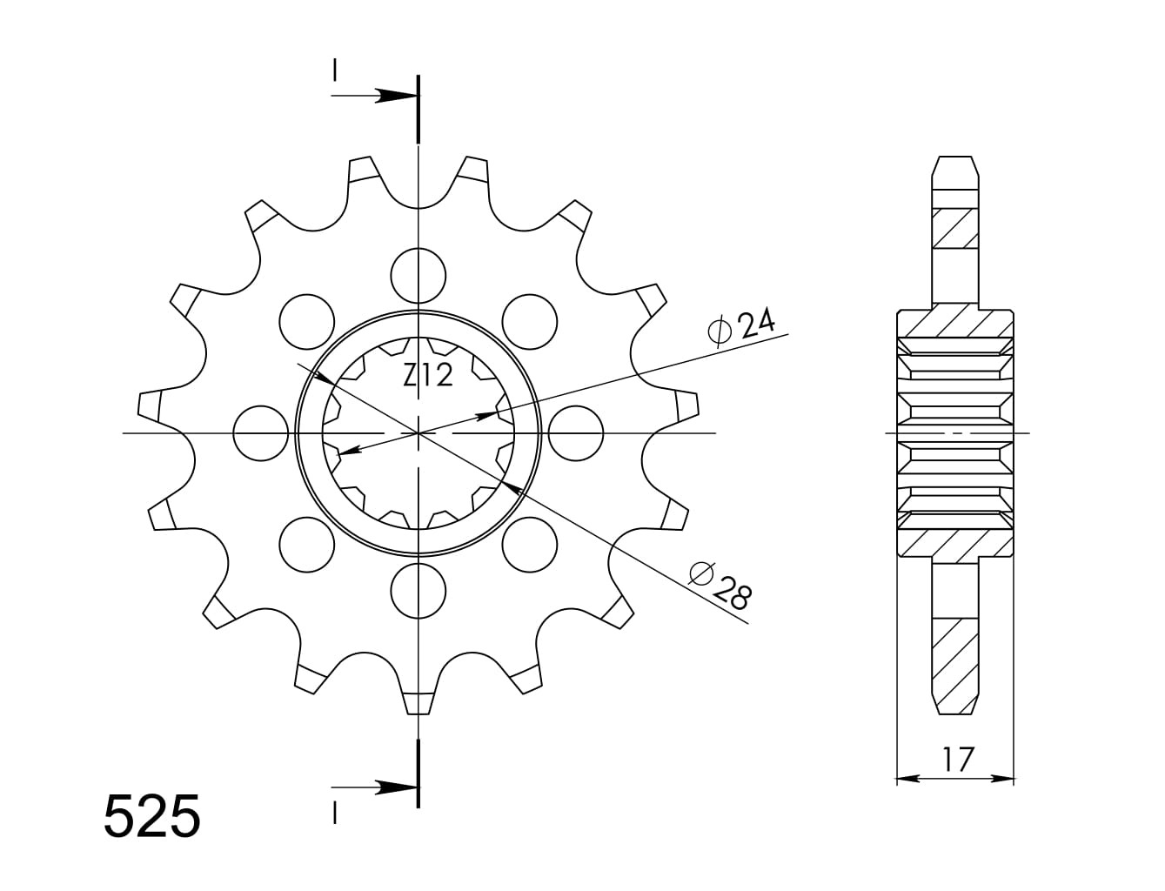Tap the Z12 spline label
click(x=428, y=375)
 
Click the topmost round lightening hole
click(x=418, y=276)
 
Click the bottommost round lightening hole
click(x=418, y=591)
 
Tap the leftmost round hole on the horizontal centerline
click(x=261, y=433)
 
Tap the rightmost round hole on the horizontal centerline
click(x=576, y=433)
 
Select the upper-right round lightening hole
click(x=530, y=322)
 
